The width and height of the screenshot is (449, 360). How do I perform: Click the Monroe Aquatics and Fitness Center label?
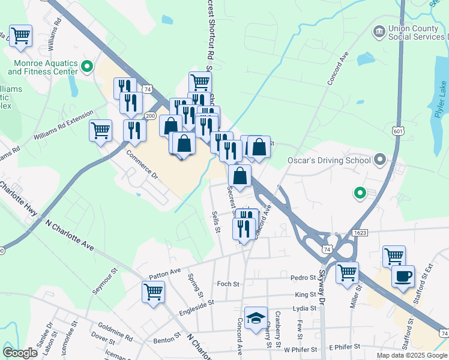pos(43,67)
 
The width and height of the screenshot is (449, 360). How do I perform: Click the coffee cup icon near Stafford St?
pos(402,277)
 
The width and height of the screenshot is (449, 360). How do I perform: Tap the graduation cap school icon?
pos(256,319)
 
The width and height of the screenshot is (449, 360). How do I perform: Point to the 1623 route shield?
pos(360,231)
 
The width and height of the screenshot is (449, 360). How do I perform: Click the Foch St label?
pos(228,283)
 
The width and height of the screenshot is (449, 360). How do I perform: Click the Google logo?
pos(20,352)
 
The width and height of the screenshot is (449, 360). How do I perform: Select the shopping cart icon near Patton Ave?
pos(153,292)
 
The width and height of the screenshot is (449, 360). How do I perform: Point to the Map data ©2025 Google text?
pos(411,355)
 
